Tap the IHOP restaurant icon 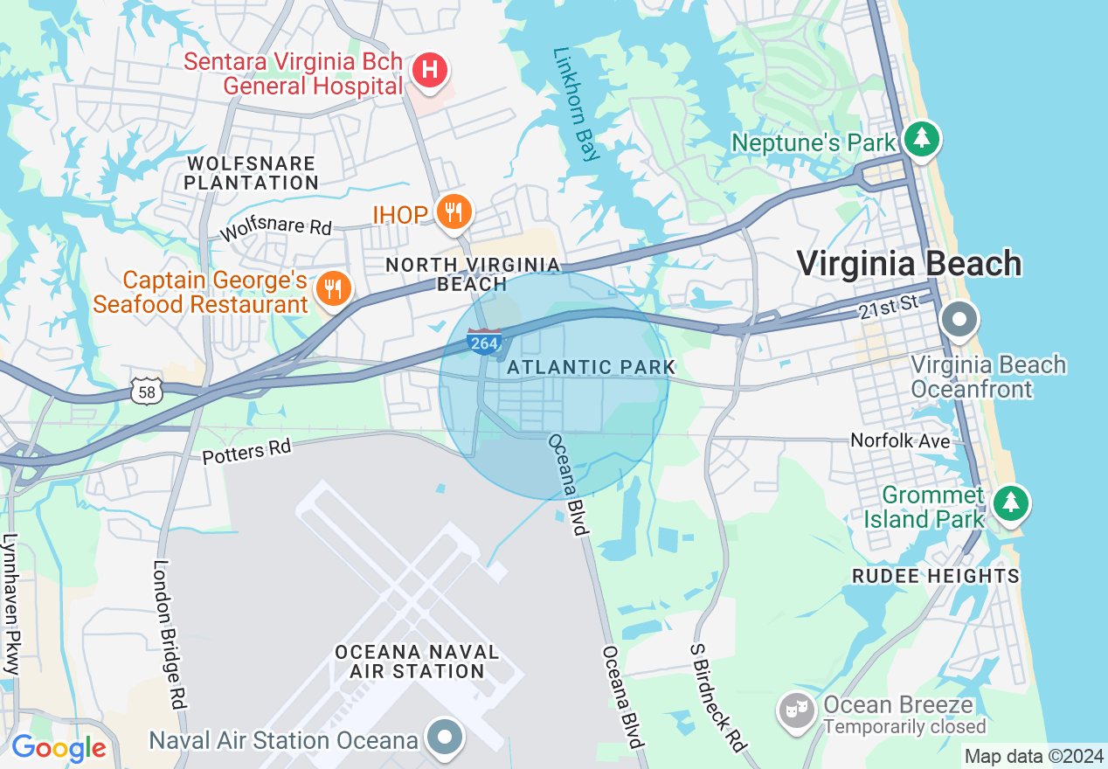(454, 211)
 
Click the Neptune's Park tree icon (920, 138)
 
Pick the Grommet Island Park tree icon (1011, 502)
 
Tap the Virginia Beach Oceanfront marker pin (959, 321)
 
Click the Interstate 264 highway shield (484, 343)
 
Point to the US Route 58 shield (147, 392)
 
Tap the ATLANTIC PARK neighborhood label (592, 367)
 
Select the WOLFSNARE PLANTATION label (252, 173)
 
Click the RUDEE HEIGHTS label (936, 576)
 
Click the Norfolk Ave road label (901, 441)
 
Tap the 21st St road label (890, 305)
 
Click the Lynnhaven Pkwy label (10, 603)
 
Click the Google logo (59, 748)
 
